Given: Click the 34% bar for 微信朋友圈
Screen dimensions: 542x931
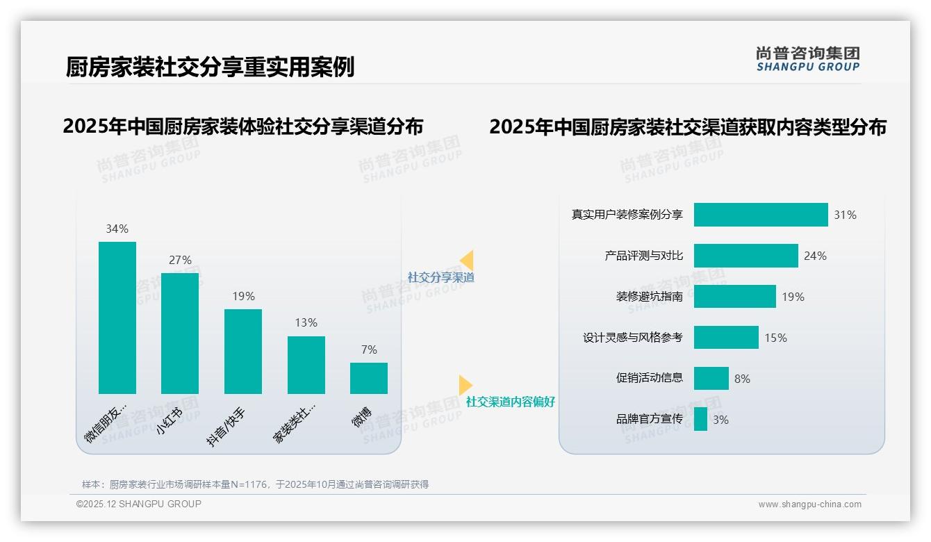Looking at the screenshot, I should tap(117, 318).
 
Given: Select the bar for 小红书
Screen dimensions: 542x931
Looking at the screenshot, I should tap(180, 334).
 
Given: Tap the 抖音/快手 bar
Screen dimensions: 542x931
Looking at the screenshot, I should tap(243, 352).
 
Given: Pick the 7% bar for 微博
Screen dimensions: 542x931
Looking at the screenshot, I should tap(369, 378).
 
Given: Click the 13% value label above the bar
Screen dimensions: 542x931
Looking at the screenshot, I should tap(306, 322).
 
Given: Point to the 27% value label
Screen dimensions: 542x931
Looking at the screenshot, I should tap(180, 260).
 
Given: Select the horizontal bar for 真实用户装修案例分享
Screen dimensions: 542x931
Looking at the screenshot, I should tap(761, 215).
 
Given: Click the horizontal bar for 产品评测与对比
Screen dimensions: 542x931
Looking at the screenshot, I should tap(745, 256).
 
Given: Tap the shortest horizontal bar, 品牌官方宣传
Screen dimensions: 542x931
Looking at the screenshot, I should tap(700, 419).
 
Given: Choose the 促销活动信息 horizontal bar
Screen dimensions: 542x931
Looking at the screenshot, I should tap(711, 378).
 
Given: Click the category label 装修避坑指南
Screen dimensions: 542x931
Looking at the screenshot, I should tap(649, 297).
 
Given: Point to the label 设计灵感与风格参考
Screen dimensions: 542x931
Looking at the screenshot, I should tap(632, 338).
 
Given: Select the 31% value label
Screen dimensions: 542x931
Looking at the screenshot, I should tap(845, 215).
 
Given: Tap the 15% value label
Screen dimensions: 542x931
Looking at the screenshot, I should tap(775, 338).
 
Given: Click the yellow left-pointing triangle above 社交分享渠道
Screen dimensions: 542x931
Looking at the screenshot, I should tap(467, 260).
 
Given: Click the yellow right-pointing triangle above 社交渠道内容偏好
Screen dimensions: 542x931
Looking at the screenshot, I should tap(465, 384).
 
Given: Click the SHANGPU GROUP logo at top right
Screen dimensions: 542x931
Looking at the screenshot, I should tap(807, 59).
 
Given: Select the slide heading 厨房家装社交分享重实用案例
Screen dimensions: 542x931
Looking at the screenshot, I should tap(210, 67).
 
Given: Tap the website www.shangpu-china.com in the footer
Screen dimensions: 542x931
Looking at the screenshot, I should tap(809, 504).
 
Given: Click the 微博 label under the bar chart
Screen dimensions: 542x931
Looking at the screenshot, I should tap(362, 416).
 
